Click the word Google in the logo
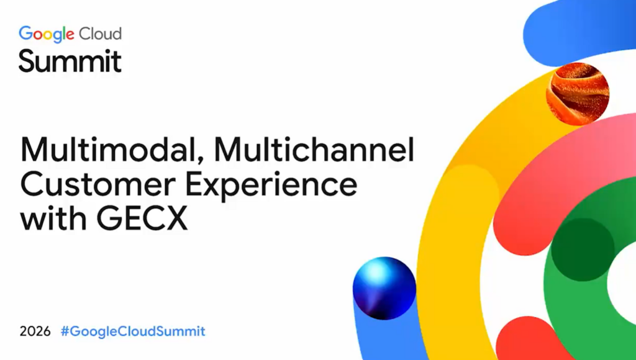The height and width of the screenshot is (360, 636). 47,35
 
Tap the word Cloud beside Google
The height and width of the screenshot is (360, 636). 100,34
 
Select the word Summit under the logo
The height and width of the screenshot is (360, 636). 70,61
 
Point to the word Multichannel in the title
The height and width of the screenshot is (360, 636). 314,149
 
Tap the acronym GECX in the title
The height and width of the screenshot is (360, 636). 142,219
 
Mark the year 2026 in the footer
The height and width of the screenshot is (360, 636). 35,331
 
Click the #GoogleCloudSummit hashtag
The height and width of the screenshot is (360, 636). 133,331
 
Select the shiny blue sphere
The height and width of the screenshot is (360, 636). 384,288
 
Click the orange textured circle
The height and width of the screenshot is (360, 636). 578,93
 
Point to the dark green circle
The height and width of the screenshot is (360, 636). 583,250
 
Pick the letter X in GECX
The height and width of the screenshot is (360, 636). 175,219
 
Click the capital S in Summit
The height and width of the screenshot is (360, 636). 29,61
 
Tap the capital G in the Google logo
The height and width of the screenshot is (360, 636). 25,33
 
